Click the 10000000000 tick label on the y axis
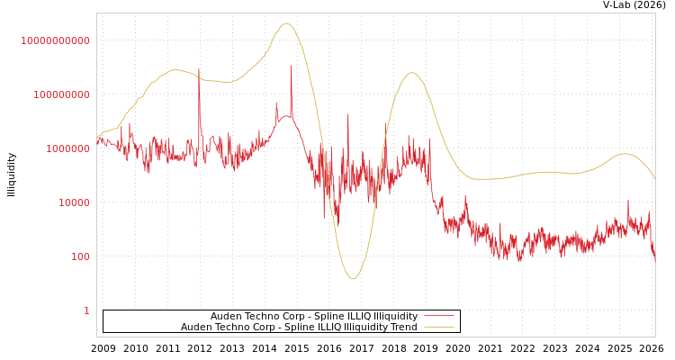(56, 40)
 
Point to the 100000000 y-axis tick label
(61, 94)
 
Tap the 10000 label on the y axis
(74, 202)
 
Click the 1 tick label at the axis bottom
(86, 310)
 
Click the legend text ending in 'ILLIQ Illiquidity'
(314, 317)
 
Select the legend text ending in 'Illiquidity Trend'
(299, 328)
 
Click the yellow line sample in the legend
(438, 328)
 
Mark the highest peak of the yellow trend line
(286, 23)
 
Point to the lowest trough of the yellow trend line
(353, 278)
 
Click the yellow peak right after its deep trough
(411, 73)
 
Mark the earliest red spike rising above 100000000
(199, 69)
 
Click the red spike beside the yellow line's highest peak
(291, 67)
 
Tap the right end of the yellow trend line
(654, 179)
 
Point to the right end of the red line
(654, 259)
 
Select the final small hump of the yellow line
(625, 154)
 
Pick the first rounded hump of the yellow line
(175, 70)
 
